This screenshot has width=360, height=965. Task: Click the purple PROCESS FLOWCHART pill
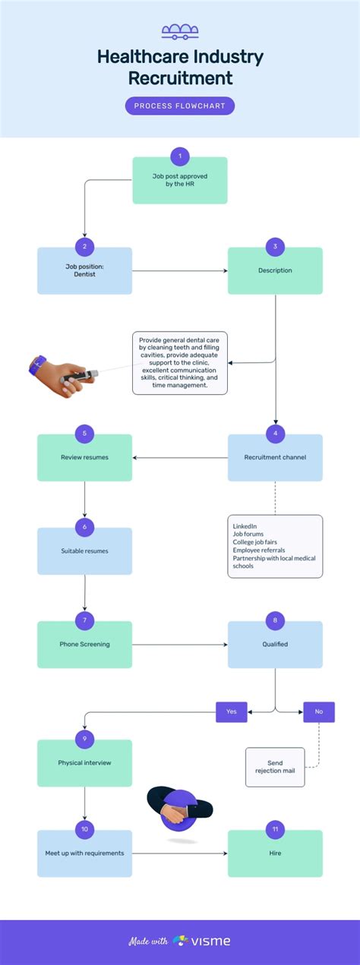[180, 106]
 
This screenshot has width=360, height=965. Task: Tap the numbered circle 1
[180, 157]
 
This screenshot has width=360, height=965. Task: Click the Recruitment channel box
[275, 459]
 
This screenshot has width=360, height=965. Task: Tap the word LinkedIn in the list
[245, 526]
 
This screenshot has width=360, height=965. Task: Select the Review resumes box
[84, 459]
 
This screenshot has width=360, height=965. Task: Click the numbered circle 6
[84, 527]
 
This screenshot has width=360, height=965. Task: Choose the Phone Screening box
[84, 645]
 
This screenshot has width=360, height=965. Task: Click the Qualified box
[275, 645]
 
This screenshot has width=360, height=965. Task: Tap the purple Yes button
[232, 711]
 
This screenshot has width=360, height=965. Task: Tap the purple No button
[319, 711]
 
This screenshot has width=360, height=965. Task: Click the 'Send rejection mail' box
[275, 767]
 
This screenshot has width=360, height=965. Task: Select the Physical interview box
[84, 764]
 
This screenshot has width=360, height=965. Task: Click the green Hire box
[275, 854]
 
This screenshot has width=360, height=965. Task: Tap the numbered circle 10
[84, 829]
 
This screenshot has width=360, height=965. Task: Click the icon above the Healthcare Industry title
[180, 31]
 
